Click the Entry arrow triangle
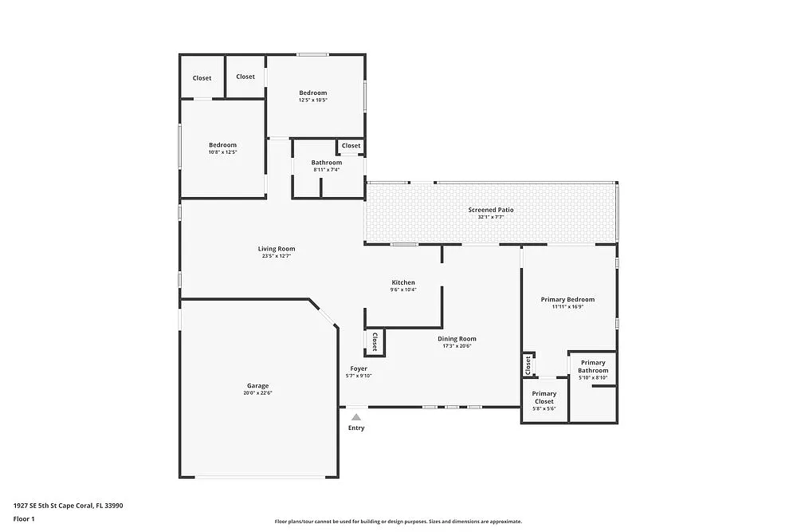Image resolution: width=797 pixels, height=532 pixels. point(356,417)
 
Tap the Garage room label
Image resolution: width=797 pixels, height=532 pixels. point(257,385)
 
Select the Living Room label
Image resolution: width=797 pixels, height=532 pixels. point(277,249)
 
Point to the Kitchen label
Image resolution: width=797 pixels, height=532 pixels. point(403,282)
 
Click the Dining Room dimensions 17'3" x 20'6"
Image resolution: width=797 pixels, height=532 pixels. point(457,346)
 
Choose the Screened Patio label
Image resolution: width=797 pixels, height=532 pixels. point(491,210)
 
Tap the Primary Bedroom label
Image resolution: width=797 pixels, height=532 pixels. point(567,300)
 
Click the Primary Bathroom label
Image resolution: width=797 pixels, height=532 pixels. point(593,366)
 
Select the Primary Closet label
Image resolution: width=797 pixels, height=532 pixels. point(544,397)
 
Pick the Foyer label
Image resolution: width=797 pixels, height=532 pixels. point(359,368)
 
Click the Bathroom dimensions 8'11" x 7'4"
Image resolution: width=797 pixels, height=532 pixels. point(326,170)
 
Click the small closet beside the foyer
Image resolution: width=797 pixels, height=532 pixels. point(375,342)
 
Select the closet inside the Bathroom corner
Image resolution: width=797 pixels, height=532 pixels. point(351,146)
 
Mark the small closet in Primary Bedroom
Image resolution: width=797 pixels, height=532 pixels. point(528,365)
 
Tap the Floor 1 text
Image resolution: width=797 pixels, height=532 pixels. point(24,518)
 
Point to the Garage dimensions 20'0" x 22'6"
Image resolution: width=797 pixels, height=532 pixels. point(257,393)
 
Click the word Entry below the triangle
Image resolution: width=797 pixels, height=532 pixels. point(356,428)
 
